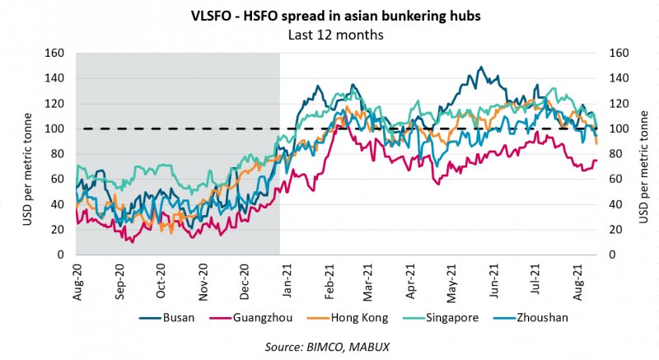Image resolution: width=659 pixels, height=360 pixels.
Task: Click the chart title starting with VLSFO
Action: pos(329,16)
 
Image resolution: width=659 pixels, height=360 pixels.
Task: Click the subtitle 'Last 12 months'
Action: pos(329,35)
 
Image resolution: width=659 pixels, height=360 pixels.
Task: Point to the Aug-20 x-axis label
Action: pos(76,280)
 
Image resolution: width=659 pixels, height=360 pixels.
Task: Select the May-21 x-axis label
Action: pos(451,280)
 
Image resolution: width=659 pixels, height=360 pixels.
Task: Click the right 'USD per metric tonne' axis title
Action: pos(643,154)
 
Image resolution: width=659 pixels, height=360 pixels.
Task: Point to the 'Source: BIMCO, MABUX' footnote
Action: pos(329,347)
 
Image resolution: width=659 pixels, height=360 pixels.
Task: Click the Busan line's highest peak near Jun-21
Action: pos(480,68)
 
